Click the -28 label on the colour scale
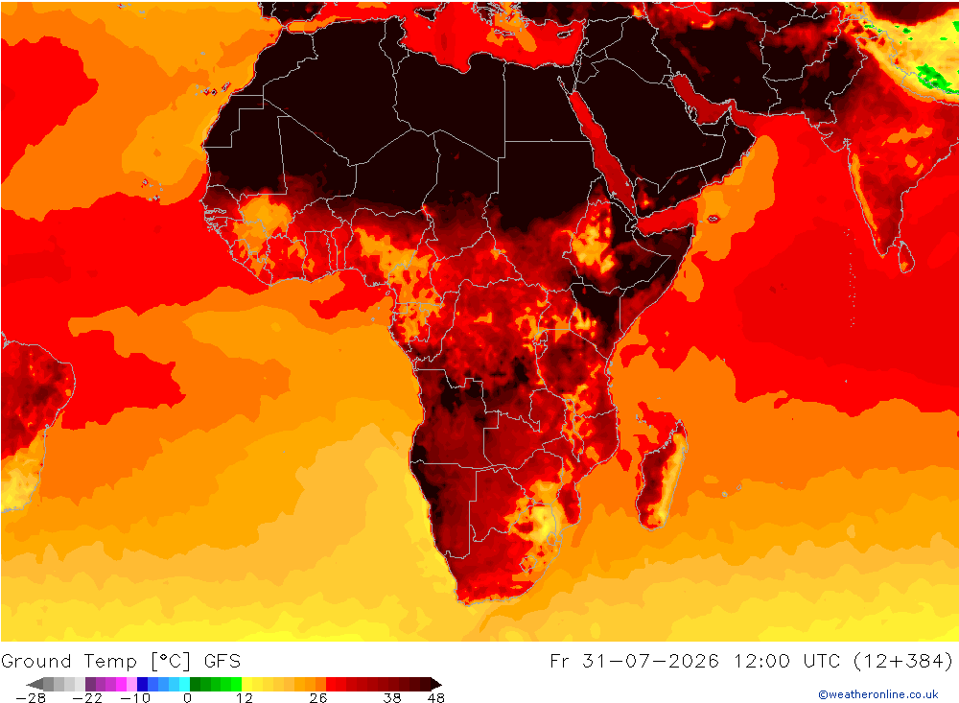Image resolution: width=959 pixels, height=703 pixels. (31, 698)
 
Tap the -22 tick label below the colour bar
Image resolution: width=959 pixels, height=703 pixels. (87, 698)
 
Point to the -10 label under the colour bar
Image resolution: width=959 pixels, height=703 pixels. (134, 698)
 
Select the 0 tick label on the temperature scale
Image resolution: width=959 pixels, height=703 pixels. (187, 698)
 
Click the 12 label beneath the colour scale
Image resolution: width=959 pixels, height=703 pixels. (244, 698)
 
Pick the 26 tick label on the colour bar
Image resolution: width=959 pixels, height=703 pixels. (318, 698)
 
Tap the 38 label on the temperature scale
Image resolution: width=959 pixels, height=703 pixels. (392, 698)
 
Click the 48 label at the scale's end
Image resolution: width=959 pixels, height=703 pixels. (436, 698)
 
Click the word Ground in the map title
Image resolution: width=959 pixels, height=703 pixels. (36, 662)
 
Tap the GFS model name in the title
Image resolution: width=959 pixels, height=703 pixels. (222, 662)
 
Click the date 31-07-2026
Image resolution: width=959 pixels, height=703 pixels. (650, 662)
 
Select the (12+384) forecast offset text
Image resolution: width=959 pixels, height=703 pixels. (902, 662)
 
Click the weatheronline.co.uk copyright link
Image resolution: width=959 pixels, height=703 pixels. (878, 694)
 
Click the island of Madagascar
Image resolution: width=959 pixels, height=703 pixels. (661, 468)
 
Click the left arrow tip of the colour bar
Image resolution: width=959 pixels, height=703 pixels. (28, 684)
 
